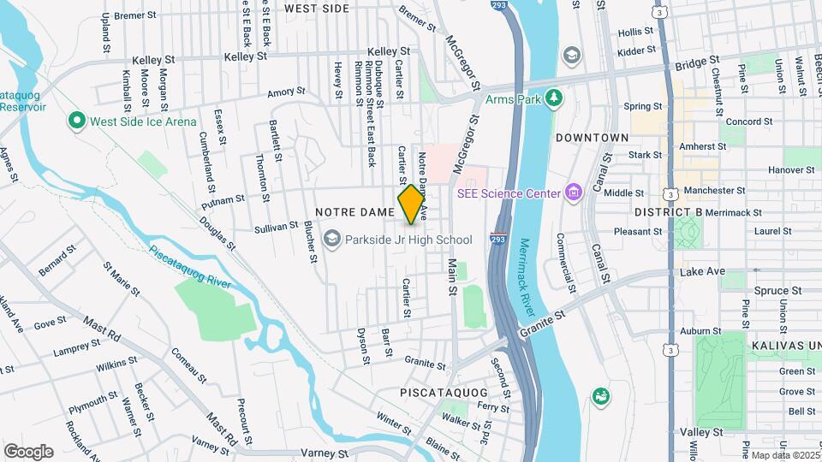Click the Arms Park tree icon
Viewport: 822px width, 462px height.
[x=554, y=99]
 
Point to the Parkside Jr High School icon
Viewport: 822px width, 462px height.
[x=333, y=240]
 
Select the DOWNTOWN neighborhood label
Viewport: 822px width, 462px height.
[x=593, y=137]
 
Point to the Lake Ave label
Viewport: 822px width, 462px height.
[x=702, y=271]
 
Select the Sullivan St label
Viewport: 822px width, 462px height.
[x=275, y=229]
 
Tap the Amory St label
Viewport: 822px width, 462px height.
[x=286, y=92]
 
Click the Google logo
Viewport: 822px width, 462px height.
[x=28, y=451]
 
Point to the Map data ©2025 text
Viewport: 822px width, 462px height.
[x=783, y=455]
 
